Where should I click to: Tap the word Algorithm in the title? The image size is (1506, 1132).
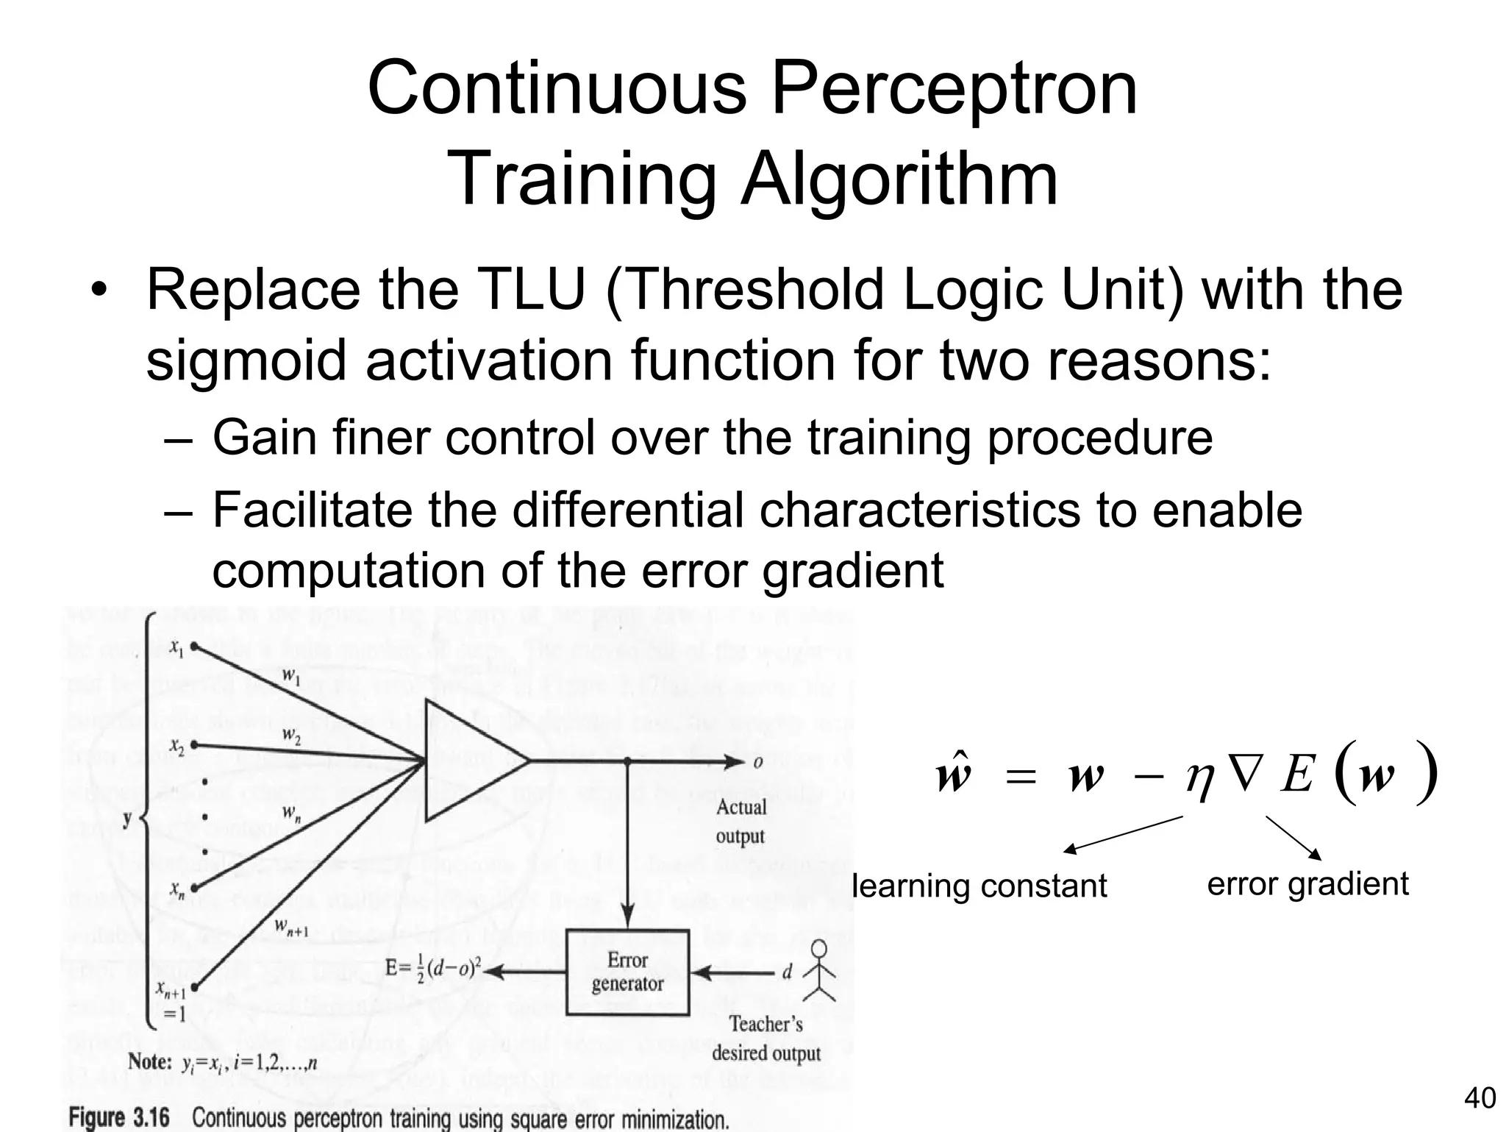(899, 180)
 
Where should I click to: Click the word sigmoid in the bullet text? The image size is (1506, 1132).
(246, 360)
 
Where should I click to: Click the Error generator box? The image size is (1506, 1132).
(627, 972)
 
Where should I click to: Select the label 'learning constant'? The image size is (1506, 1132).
(979, 886)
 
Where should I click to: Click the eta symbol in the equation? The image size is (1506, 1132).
(1199, 778)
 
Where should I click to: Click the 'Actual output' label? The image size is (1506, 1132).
(740, 822)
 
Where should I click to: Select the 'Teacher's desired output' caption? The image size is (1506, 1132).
(766, 1038)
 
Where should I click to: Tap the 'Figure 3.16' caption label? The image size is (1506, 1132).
(119, 1118)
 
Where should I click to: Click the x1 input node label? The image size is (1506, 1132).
(176, 647)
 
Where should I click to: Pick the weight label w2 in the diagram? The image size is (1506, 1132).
(291, 735)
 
